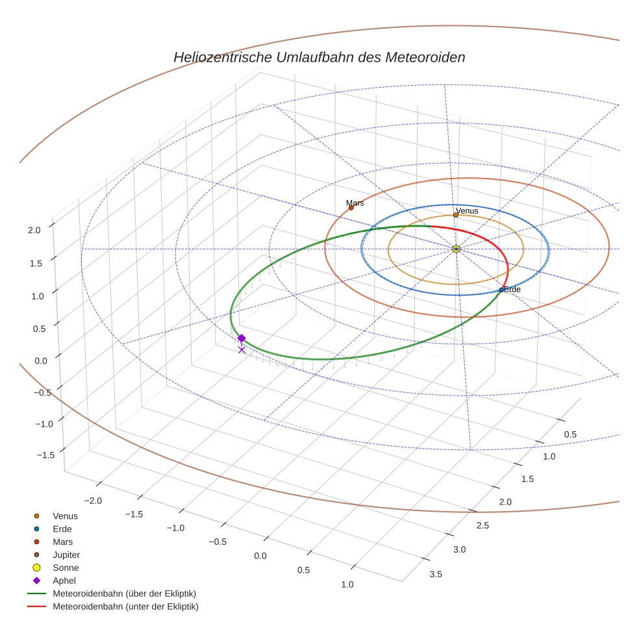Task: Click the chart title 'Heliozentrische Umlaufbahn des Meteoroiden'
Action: tap(319, 57)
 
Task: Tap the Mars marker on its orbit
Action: tap(351, 208)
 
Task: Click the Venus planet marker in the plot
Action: tap(456, 216)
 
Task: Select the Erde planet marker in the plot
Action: tap(501, 290)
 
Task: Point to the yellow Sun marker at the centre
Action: tap(456, 249)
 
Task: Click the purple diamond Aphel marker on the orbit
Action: tap(242, 338)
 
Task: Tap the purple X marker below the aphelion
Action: tap(242, 350)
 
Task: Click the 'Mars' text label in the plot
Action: tap(355, 203)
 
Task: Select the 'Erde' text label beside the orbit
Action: tap(512, 289)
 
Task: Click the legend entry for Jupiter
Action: tap(66, 555)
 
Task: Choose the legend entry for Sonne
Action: tap(65, 568)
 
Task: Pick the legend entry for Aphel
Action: tap(64, 581)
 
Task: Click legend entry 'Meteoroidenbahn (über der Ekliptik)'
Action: tap(124, 594)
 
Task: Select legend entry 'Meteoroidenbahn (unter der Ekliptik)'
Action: tap(125, 607)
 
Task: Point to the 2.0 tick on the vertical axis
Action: tap(34, 229)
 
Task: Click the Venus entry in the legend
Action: tap(65, 516)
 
